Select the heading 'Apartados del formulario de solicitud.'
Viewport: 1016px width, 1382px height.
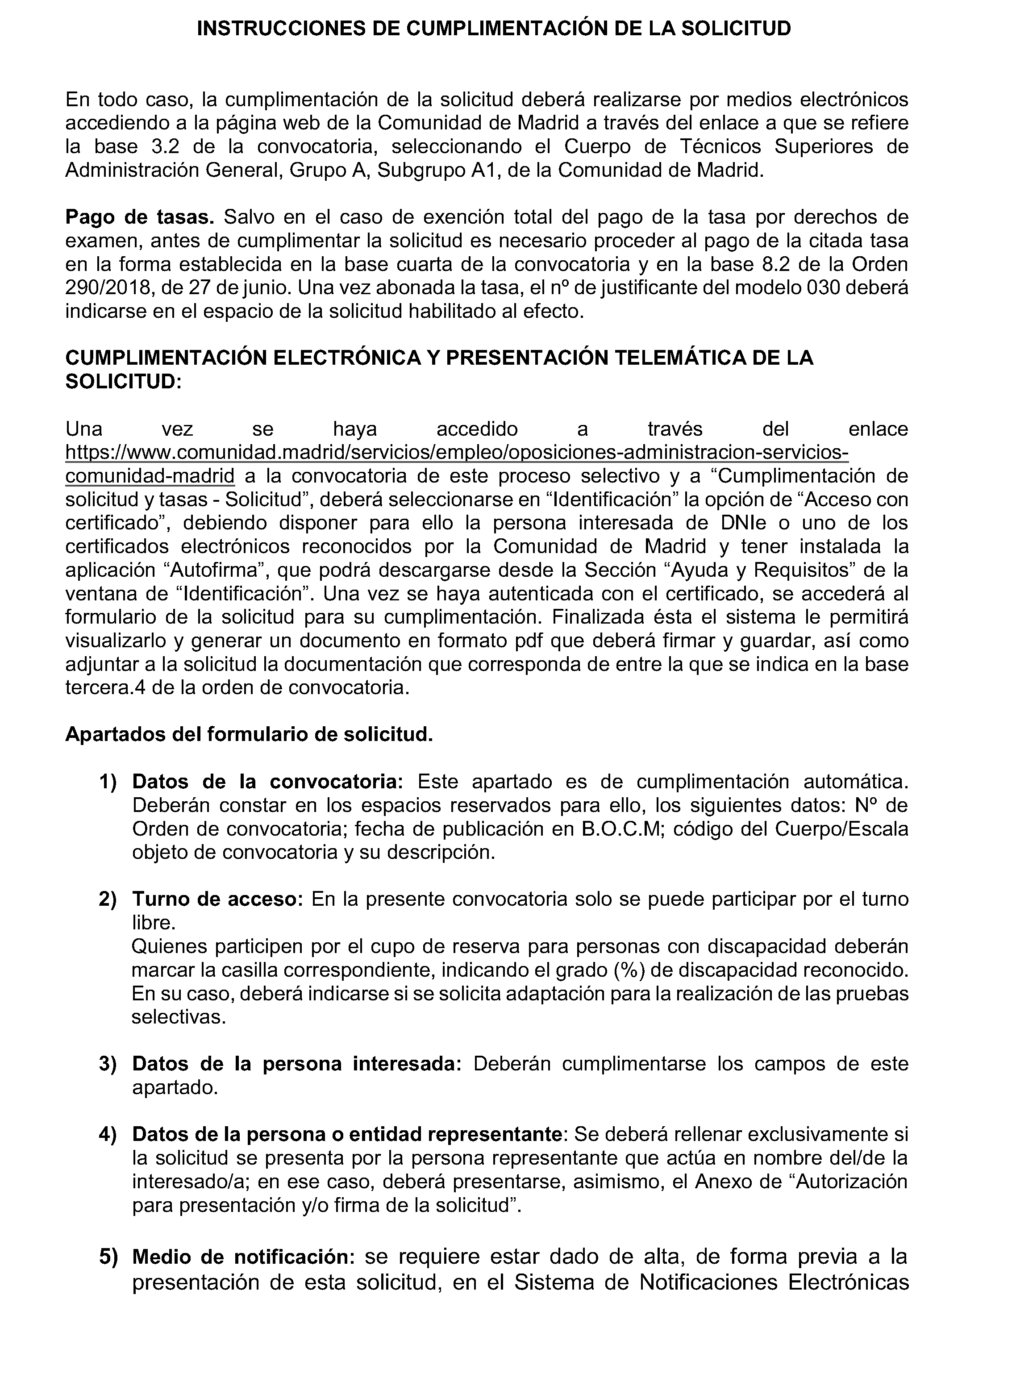pyautogui.click(x=249, y=734)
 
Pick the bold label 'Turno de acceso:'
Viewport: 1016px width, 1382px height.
pyautogui.click(x=218, y=899)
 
